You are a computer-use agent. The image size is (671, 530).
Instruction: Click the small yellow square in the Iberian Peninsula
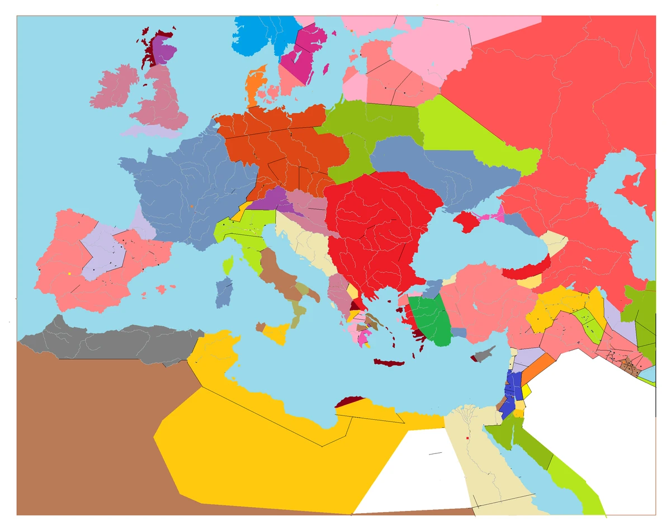coord(69,273)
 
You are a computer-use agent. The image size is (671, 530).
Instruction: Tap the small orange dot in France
coord(191,207)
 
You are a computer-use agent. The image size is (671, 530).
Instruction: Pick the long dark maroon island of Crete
coord(389,363)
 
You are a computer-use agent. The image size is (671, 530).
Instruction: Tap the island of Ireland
coord(115,88)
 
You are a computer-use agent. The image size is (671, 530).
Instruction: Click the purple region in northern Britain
coord(163,50)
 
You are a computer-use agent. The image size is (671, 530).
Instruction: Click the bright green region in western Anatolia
coord(429,319)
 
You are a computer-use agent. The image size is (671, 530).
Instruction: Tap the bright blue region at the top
coord(263,34)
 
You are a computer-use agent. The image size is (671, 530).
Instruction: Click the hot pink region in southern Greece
coord(364,338)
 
